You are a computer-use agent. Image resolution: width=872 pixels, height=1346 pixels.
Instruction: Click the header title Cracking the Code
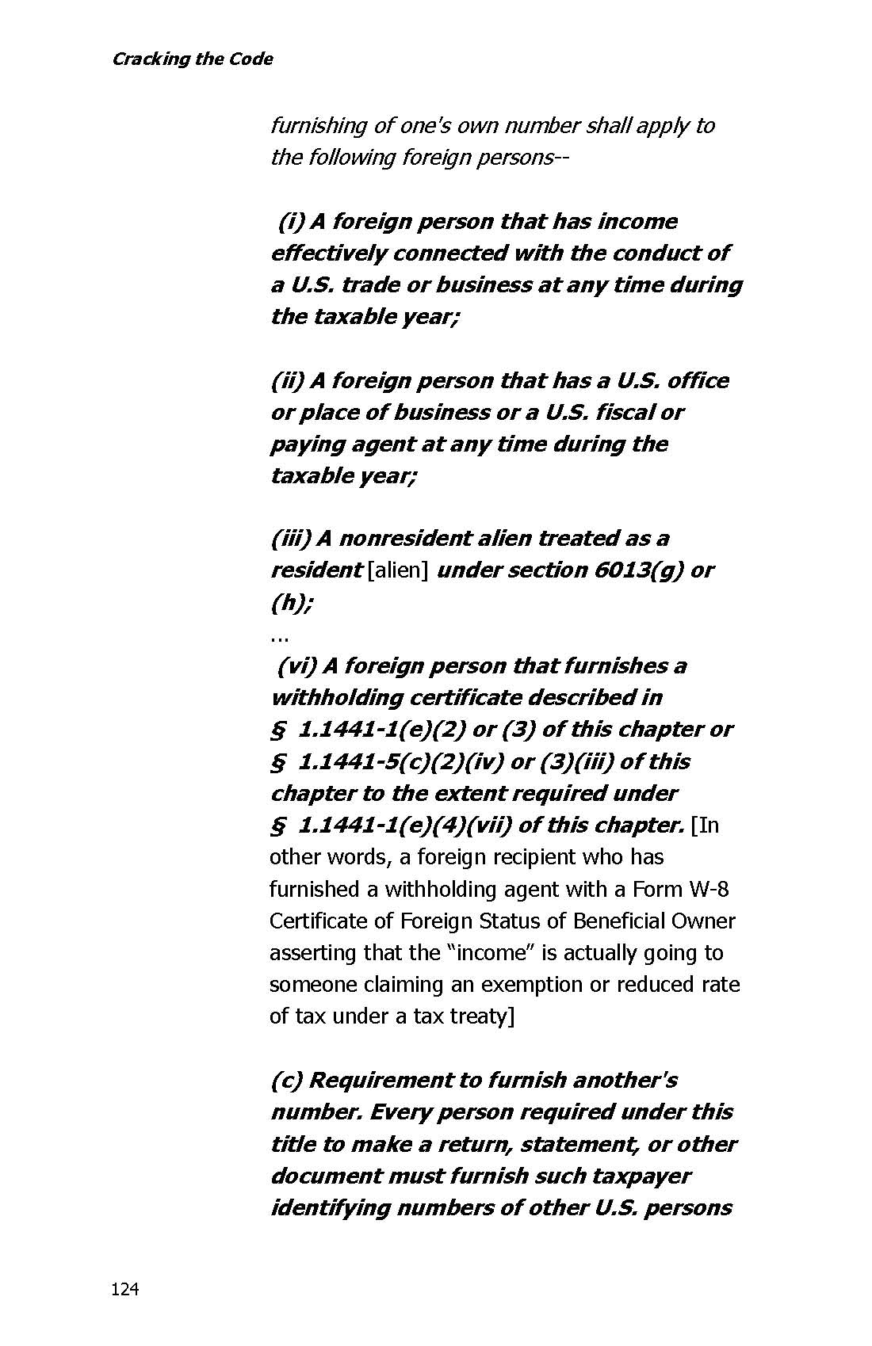tap(192, 59)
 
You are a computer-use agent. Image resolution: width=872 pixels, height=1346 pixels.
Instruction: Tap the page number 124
tap(124, 1290)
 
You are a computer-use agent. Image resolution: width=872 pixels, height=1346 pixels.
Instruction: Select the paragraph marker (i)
tap(289, 222)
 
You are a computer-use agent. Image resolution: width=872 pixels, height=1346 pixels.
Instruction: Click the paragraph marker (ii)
tap(288, 381)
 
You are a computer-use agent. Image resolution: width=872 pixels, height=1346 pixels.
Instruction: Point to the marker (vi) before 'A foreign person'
tap(295, 666)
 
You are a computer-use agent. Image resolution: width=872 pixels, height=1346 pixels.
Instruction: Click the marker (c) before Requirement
tap(286, 1081)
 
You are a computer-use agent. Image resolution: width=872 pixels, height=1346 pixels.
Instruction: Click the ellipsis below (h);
tap(278, 635)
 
